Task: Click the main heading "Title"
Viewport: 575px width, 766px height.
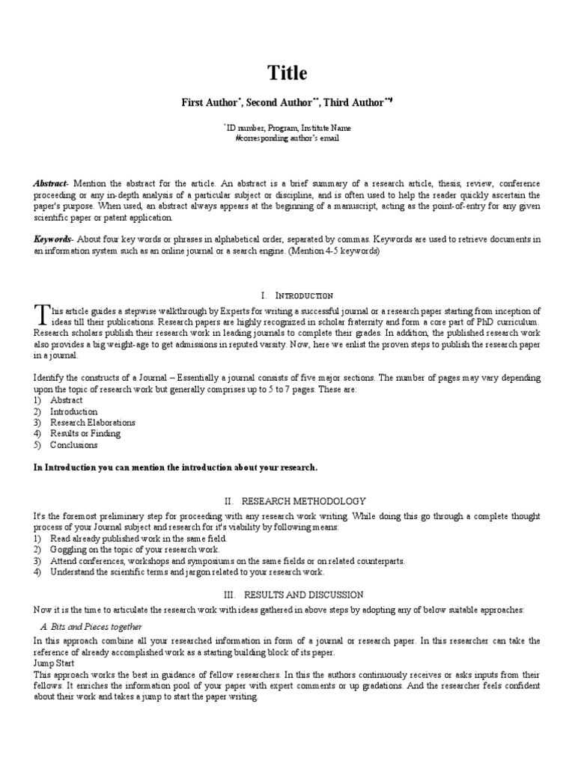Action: pyautogui.click(x=287, y=73)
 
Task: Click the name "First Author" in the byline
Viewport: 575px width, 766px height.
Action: pyautogui.click(x=209, y=102)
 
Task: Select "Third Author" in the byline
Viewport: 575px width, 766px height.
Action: pyautogui.click(x=352, y=102)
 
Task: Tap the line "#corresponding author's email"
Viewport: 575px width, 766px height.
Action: pyautogui.click(x=287, y=138)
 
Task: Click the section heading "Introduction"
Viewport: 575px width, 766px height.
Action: pyautogui.click(x=304, y=295)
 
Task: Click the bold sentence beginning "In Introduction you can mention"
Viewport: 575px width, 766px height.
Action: pyautogui.click(x=175, y=468)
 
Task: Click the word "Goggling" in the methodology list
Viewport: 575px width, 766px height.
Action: pyautogui.click(x=68, y=549)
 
